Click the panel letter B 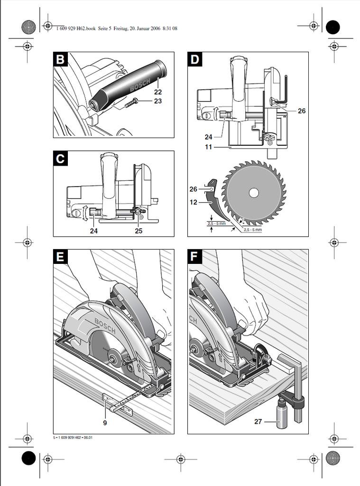click(x=60, y=60)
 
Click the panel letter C click(x=60, y=159)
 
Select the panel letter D click(x=195, y=60)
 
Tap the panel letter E click(x=60, y=257)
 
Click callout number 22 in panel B click(x=158, y=92)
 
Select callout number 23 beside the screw click(x=158, y=101)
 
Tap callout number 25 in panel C click(x=138, y=231)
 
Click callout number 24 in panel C click(x=94, y=231)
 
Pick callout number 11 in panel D click(x=209, y=147)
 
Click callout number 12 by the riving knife click(x=194, y=202)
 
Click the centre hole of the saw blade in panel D click(x=254, y=193)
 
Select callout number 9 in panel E click(x=105, y=422)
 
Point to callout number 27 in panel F click(x=258, y=421)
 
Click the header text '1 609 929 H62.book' click(x=76, y=28)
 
